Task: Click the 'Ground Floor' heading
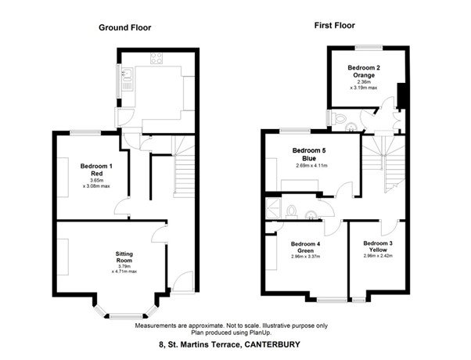[124, 27]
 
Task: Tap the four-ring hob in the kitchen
[156, 58]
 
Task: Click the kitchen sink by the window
[125, 75]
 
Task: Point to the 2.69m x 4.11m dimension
[311, 166]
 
